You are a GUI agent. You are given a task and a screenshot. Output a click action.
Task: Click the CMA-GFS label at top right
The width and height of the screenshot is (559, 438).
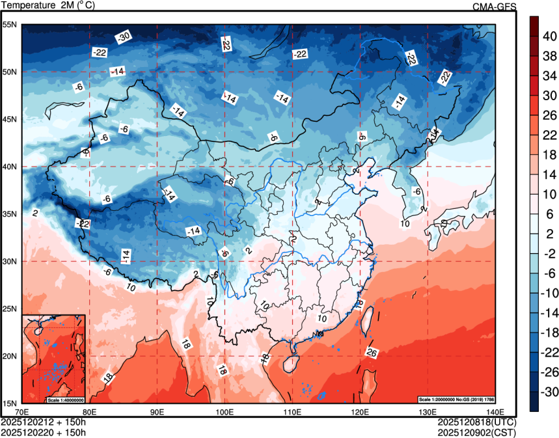494,6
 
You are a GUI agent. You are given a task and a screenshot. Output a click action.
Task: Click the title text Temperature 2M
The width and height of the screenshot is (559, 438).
49,5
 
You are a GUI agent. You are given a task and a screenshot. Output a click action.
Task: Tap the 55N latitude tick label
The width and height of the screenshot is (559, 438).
10,25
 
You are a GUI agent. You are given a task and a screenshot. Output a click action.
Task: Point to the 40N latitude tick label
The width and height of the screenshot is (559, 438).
10,167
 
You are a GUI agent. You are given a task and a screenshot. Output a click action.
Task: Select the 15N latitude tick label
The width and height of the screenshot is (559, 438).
10,403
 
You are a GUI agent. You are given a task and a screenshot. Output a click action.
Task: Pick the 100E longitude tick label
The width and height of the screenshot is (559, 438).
225,411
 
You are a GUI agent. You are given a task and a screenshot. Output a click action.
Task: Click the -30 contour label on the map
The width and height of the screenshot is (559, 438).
123,36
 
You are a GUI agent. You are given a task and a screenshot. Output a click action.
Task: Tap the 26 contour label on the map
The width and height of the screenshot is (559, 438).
372,353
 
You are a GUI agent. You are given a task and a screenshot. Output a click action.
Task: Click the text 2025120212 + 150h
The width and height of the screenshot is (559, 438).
44,422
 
